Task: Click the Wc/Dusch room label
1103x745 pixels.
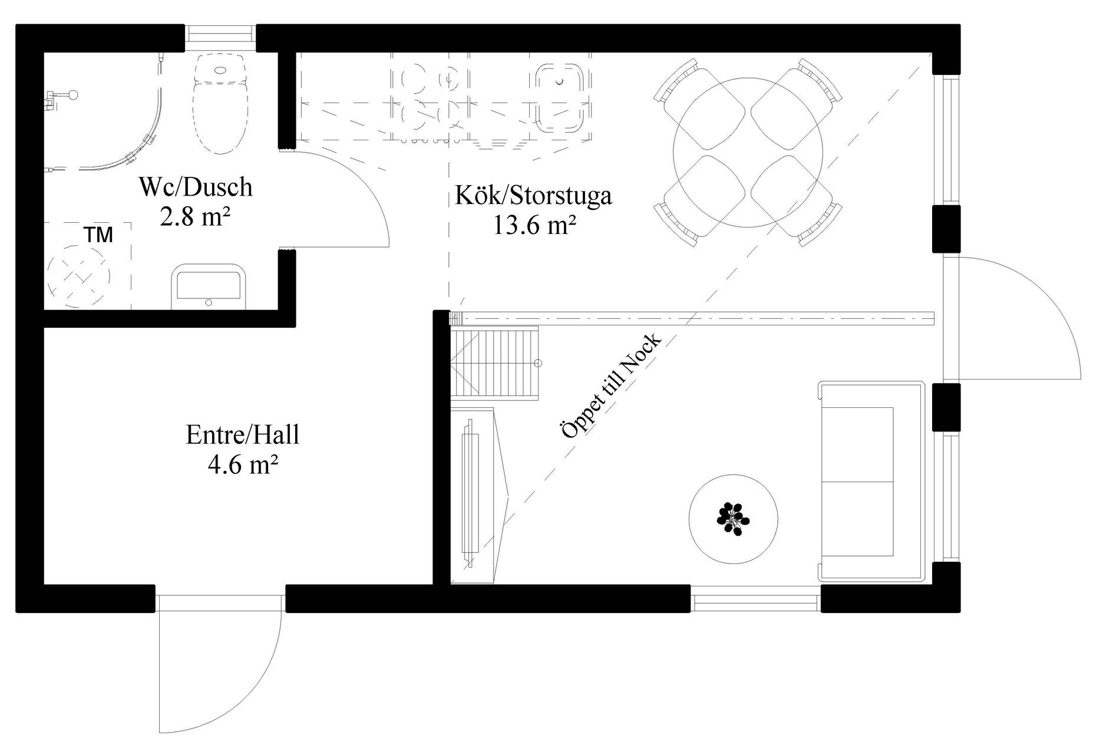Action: pos(196,187)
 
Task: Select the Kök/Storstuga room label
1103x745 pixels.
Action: pos(533,195)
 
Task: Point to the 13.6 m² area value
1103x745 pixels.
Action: pos(534,225)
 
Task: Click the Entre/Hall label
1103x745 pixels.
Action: pos(243,435)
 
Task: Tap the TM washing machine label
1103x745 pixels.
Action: pos(98,235)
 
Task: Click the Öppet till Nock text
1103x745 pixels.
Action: pos(612,387)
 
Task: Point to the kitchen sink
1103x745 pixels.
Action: pos(560,98)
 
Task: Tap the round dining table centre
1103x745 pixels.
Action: pos(748,152)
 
